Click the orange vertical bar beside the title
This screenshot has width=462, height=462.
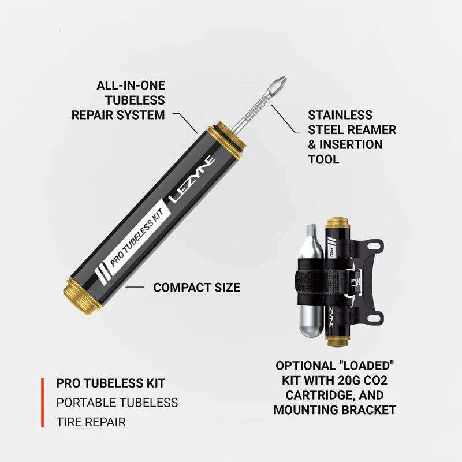click(x=42, y=403)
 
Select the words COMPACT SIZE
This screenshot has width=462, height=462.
click(x=196, y=287)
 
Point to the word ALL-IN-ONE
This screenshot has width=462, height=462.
click(x=131, y=85)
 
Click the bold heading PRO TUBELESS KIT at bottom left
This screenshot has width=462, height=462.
click(x=111, y=383)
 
